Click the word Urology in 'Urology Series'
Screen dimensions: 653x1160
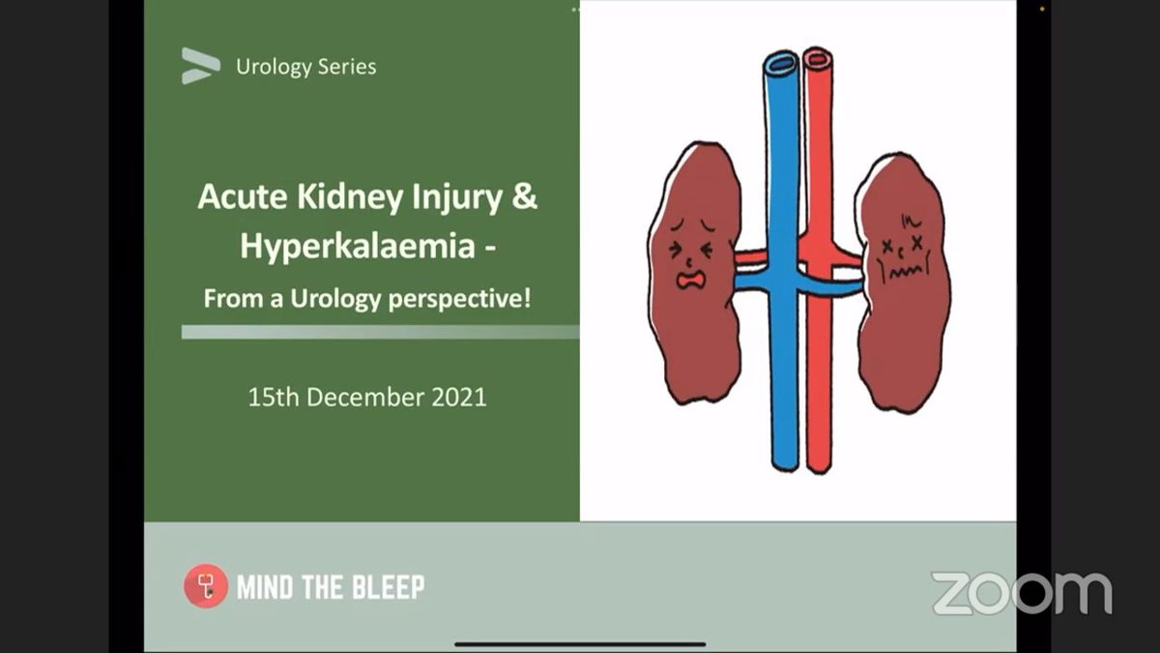pos(273,68)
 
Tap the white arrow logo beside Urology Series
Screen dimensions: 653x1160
pos(200,66)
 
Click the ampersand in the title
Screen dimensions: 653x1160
pos(524,196)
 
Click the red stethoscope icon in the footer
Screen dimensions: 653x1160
pos(205,585)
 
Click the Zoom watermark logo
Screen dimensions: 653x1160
pos(1022,593)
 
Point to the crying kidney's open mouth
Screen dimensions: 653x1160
pos(690,280)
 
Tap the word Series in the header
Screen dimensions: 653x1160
pos(345,68)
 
